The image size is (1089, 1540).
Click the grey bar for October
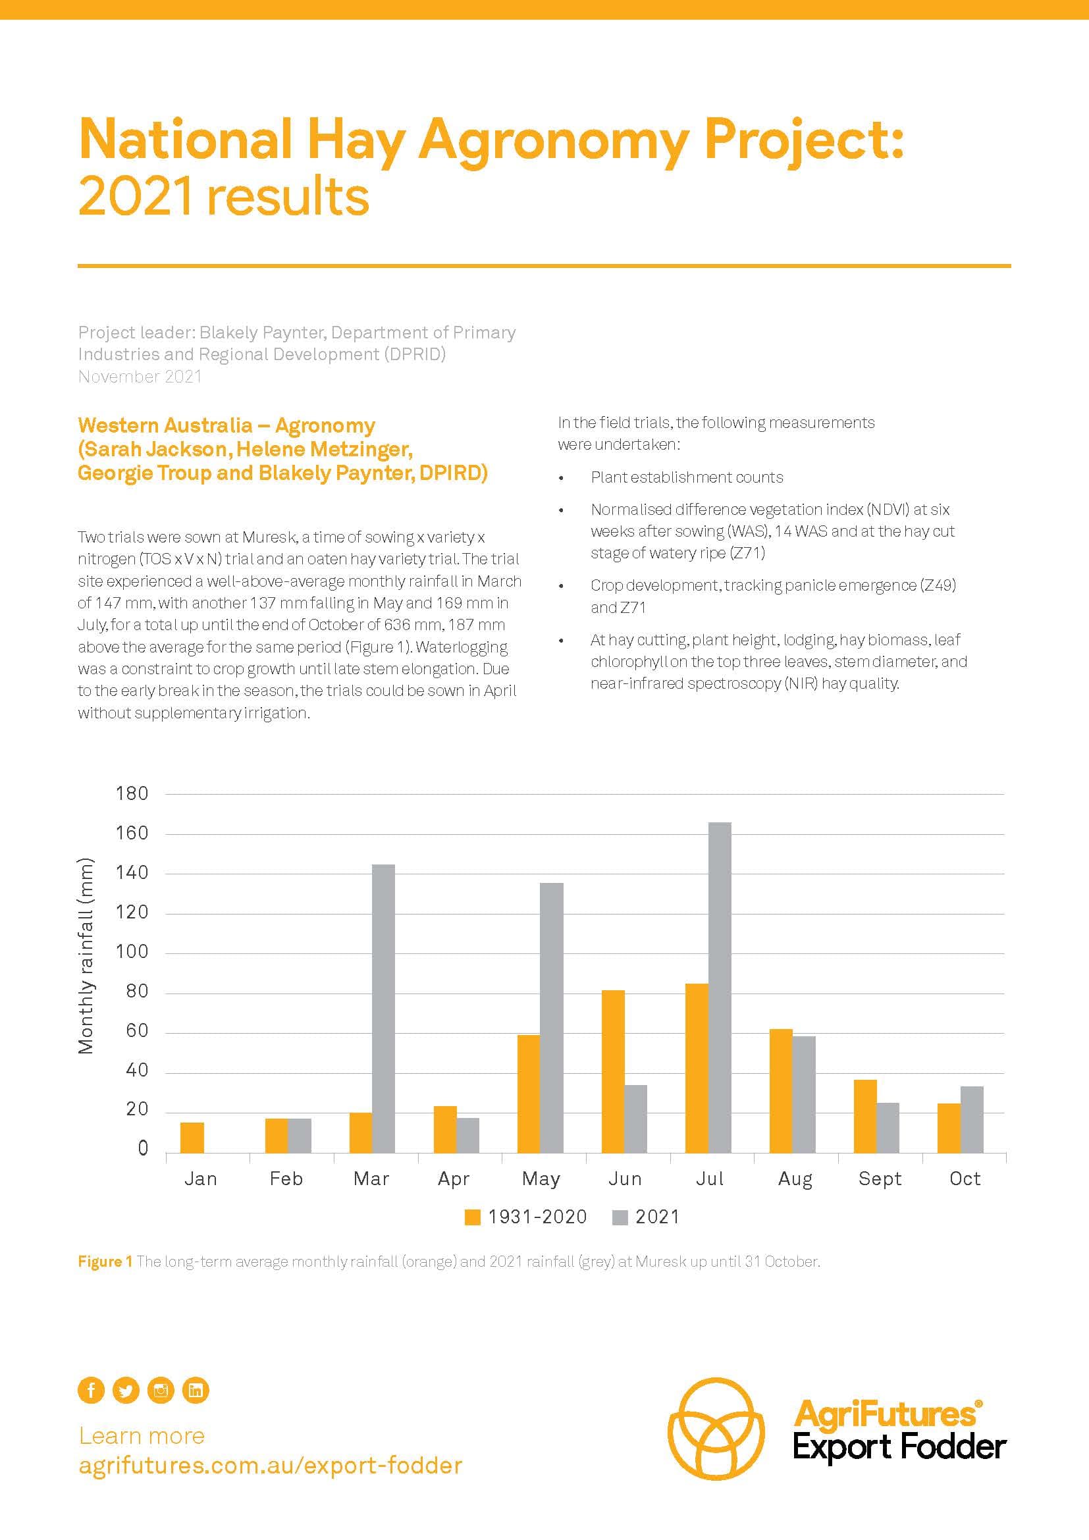click(x=972, y=1119)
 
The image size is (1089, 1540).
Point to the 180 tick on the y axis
click(x=132, y=793)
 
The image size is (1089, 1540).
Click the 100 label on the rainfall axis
click(x=132, y=953)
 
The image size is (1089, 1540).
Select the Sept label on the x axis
click(x=879, y=1179)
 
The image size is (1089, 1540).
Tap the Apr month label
click(x=453, y=1179)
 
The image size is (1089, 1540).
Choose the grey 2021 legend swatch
click(x=620, y=1217)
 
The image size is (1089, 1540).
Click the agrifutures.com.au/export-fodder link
click(x=270, y=1466)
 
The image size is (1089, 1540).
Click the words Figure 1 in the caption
click(x=105, y=1261)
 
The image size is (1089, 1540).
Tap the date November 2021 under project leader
click(x=140, y=377)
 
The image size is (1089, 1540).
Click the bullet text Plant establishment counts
click(x=686, y=477)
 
